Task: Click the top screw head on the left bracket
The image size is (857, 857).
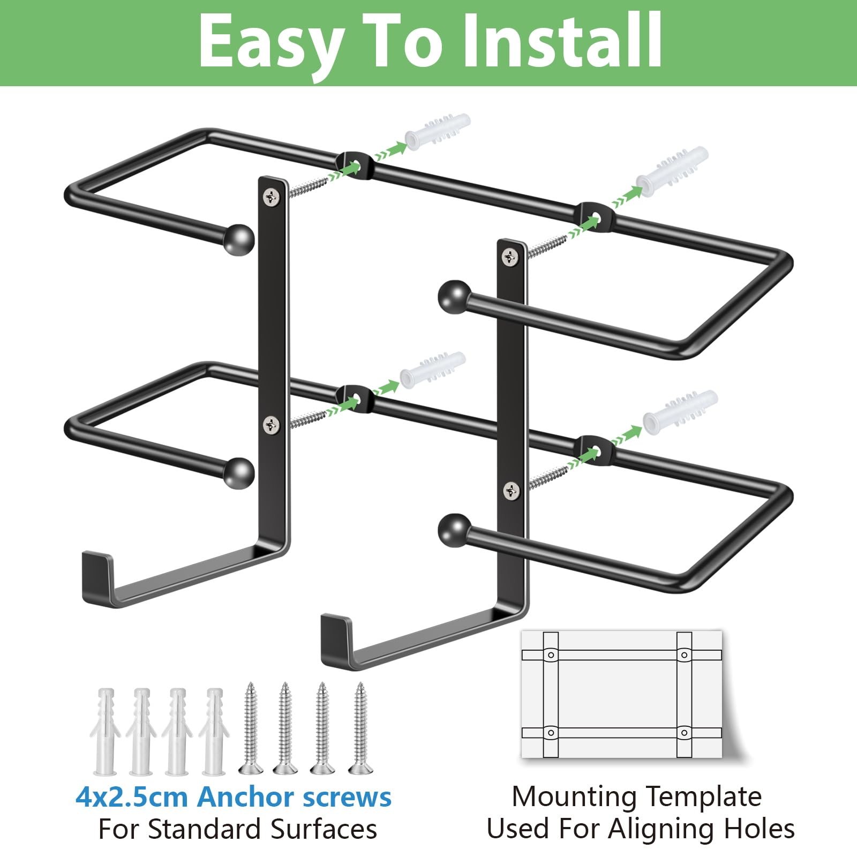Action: click(x=273, y=197)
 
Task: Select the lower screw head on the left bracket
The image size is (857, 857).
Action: click(x=272, y=425)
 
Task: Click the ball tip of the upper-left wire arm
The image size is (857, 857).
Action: click(x=238, y=240)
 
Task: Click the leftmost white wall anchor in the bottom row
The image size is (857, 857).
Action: click(x=106, y=731)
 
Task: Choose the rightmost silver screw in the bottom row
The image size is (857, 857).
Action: click(x=359, y=728)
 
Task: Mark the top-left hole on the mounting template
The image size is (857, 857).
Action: click(x=550, y=655)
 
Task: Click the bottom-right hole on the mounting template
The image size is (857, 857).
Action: click(x=684, y=732)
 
